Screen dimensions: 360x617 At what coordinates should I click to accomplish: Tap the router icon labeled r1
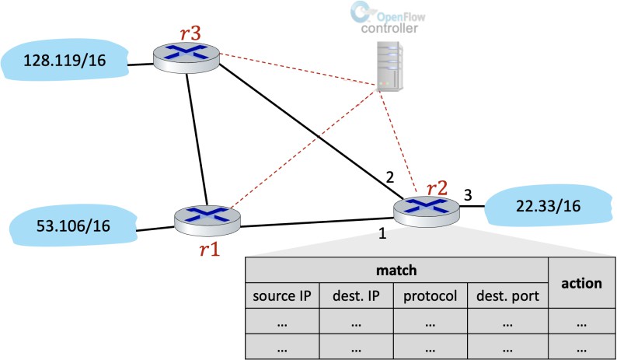(207, 221)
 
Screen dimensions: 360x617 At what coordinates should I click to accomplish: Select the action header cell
(581, 284)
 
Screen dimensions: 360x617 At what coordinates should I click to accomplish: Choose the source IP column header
(282, 296)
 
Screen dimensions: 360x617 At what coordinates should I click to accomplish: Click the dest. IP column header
(357, 296)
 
